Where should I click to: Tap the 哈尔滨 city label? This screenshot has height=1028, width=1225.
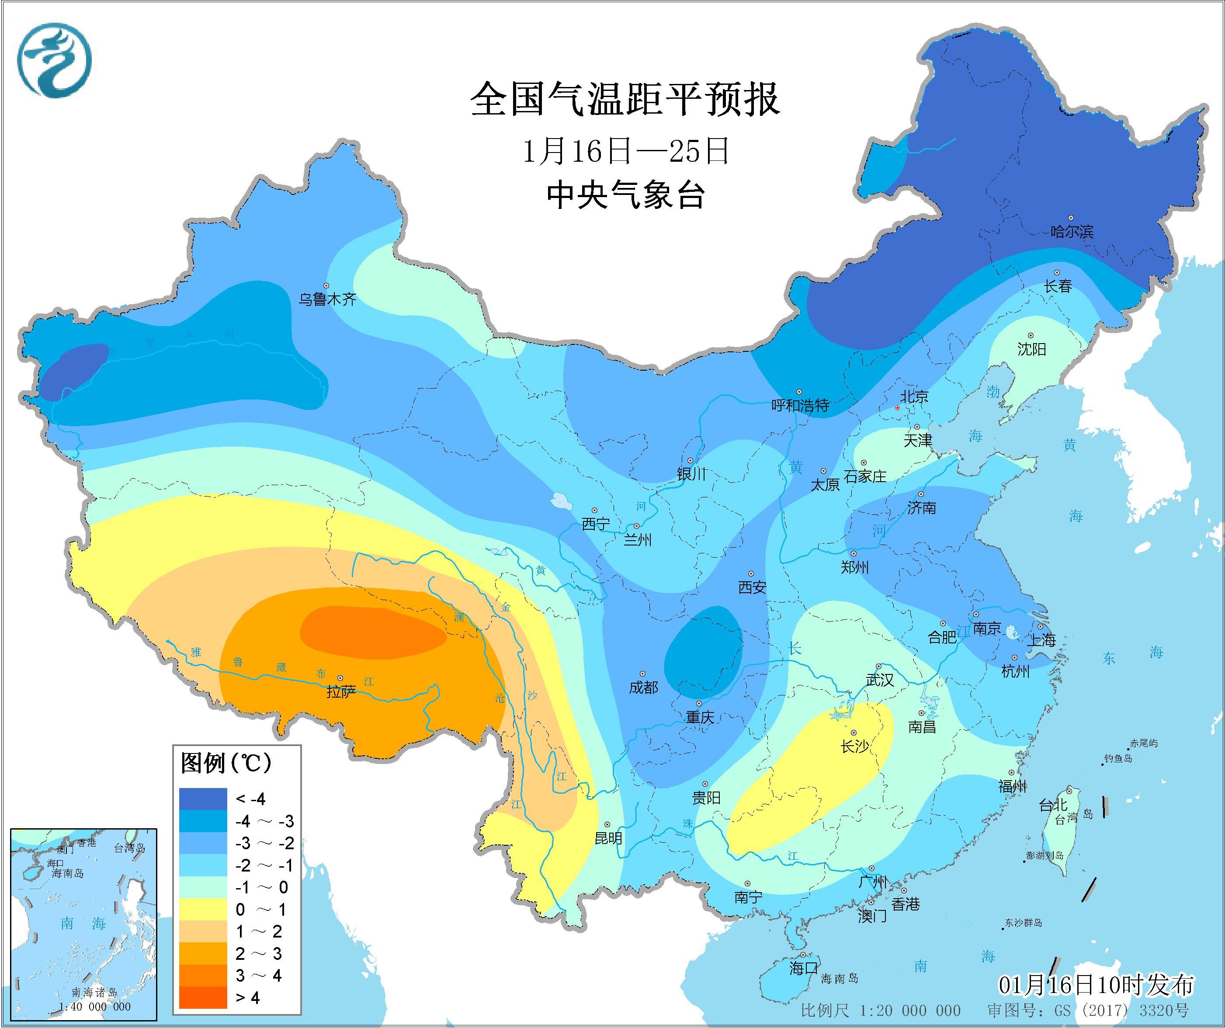pyautogui.click(x=1072, y=232)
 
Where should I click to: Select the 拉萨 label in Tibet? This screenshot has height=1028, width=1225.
pyautogui.click(x=341, y=692)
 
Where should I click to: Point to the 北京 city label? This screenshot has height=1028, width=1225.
pyautogui.click(x=913, y=397)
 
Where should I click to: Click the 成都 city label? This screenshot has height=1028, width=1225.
pyautogui.click(x=643, y=687)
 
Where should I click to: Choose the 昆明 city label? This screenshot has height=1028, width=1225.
pyautogui.click(x=608, y=838)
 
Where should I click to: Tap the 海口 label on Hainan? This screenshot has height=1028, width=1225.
pyautogui.click(x=803, y=969)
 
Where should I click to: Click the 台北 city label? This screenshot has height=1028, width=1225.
pyautogui.click(x=1053, y=806)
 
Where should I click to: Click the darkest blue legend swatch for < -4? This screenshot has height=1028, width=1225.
pyautogui.click(x=203, y=799)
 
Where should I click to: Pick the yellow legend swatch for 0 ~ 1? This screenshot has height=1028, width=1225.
pyautogui.click(x=203, y=909)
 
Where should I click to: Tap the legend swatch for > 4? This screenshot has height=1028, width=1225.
pyautogui.click(x=203, y=997)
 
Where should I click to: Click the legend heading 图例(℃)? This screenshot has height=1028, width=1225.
pyautogui.click(x=226, y=763)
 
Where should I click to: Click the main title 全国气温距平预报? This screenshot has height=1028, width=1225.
pyautogui.click(x=625, y=99)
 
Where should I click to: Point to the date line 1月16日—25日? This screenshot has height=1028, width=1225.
pyautogui.click(x=625, y=152)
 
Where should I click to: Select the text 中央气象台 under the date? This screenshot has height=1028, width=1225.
pyautogui.click(x=625, y=194)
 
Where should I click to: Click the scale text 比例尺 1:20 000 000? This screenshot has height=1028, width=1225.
pyautogui.click(x=880, y=1011)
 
